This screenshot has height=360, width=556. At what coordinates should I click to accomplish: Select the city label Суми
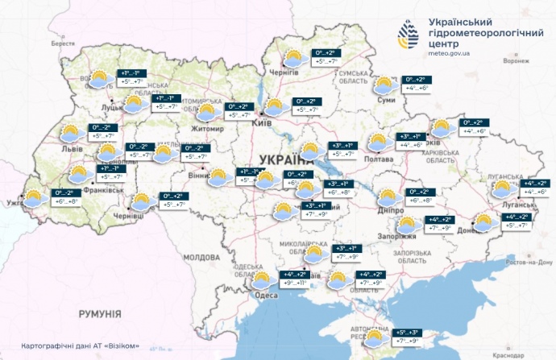pos(387,99)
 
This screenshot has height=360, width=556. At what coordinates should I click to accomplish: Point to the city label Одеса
pos(267,296)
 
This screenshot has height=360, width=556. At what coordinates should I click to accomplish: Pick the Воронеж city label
pos(515,60)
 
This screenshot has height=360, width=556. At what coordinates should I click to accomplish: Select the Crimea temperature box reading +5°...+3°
pos(409,337)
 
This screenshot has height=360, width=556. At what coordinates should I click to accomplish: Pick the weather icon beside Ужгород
pos(33,198)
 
